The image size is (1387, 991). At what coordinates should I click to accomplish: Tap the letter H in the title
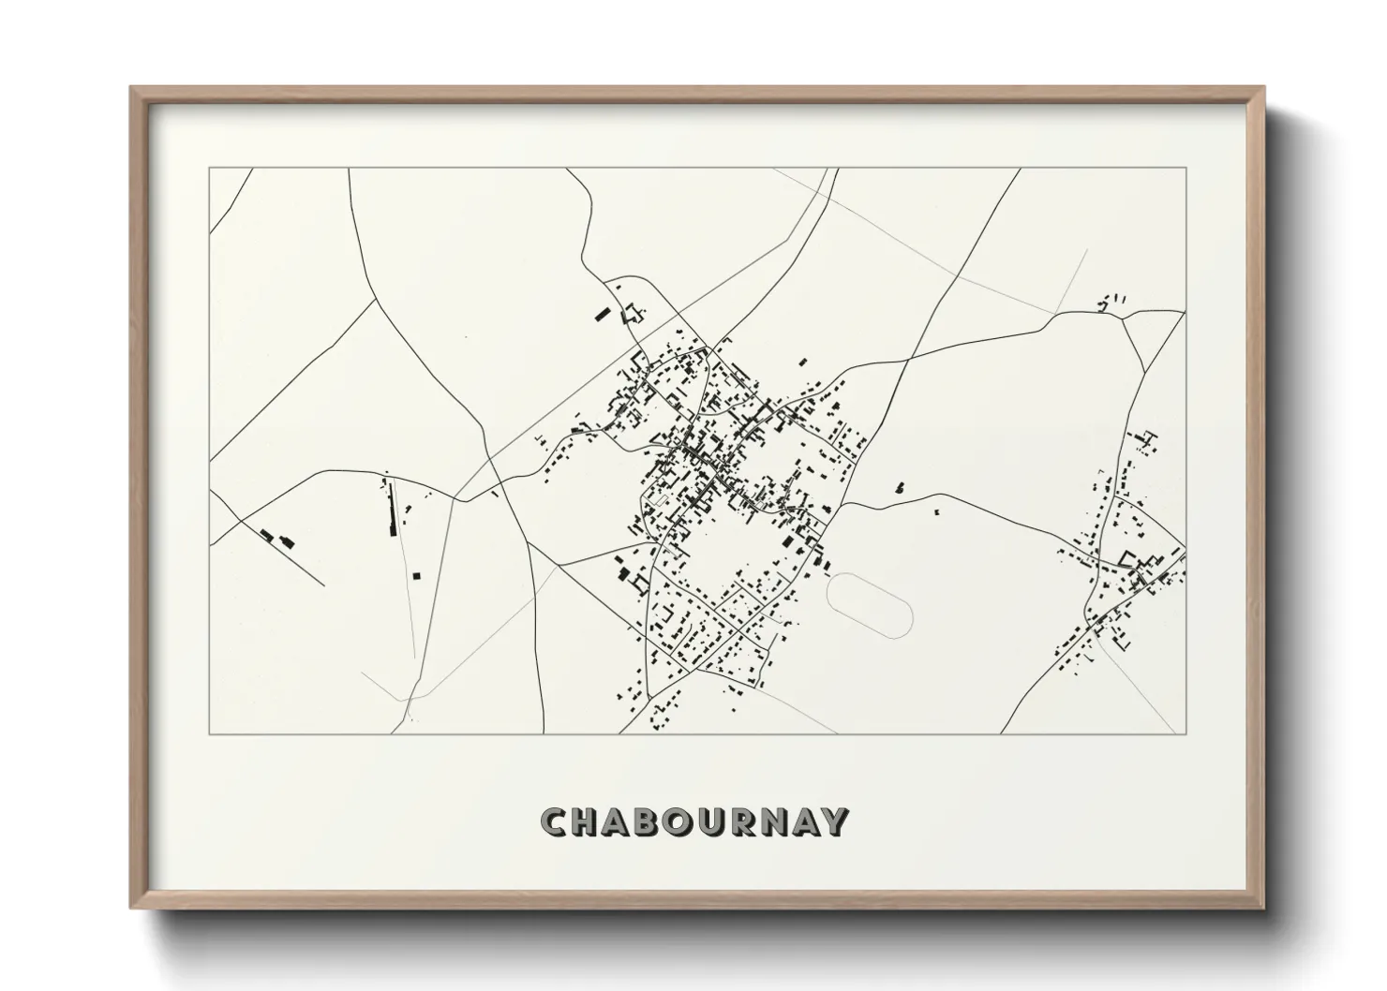(590, 822)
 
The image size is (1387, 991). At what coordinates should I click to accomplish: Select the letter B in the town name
(661, 822)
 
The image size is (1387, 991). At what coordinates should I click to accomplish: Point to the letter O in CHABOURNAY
(695, 822)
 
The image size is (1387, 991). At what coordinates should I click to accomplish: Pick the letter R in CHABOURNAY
(765, 822)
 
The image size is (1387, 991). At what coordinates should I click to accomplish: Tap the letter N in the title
(798, 822)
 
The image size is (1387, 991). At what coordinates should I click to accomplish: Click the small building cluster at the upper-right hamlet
(1113, 301)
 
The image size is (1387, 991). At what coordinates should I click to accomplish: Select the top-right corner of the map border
(1186, 169)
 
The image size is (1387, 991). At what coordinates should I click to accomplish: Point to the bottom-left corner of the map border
(210, 732)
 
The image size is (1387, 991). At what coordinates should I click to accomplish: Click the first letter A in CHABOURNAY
(625, 822)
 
